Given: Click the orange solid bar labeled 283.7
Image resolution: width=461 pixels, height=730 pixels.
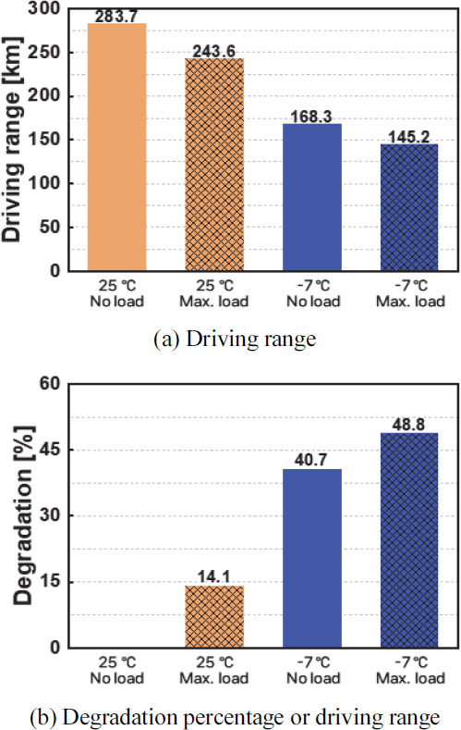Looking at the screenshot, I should [x=116, y=148].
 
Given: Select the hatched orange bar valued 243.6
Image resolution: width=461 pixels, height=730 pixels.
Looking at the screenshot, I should [x=214, y=166].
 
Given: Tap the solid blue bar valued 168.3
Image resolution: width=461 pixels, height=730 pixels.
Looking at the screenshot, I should [x=312, y=198].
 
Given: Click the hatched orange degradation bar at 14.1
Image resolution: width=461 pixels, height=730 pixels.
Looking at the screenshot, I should [x=214, y=617].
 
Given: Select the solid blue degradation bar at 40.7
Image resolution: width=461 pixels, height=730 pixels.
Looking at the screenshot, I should [x=312, y=559].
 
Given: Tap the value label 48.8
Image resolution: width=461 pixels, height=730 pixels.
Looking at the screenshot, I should [x=410, y=424].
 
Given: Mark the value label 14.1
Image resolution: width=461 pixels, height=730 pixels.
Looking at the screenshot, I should [x=214, y=577].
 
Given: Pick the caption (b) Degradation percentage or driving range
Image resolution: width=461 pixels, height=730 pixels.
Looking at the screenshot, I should [x=231, y=716].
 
